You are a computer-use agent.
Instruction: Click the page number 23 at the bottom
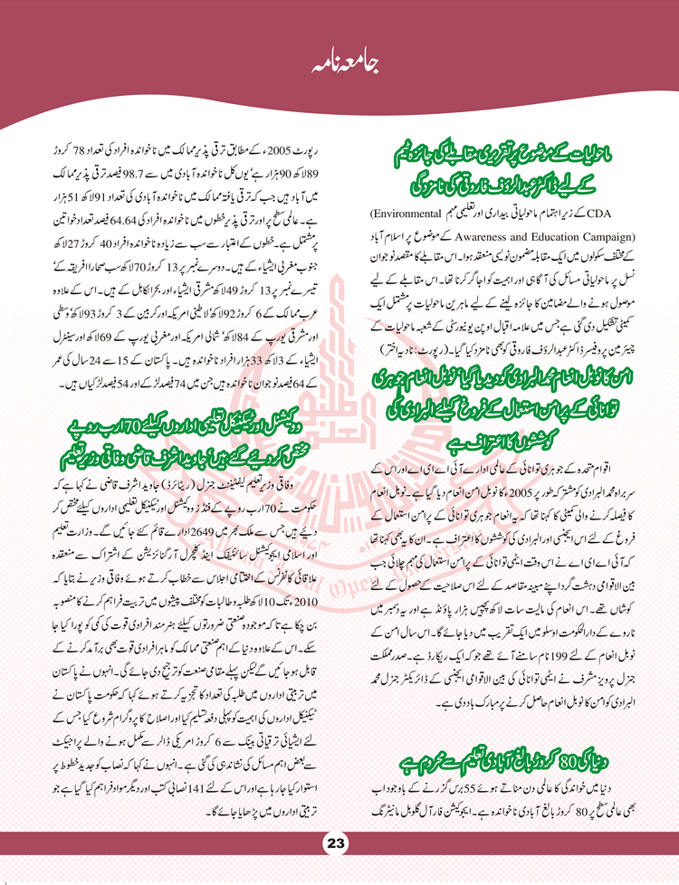337,843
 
